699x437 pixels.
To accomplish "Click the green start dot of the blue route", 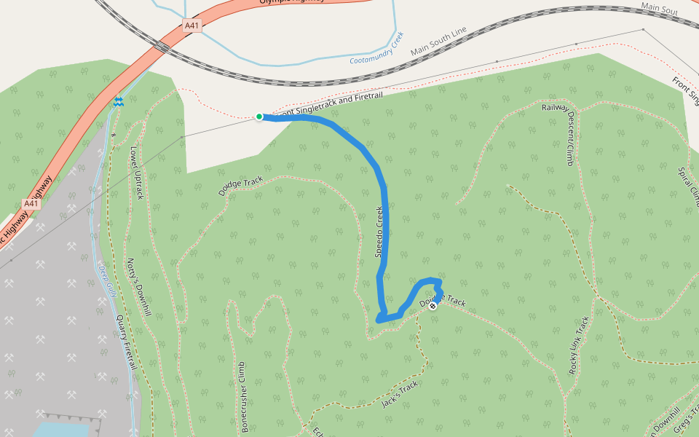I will (x=259, y=117).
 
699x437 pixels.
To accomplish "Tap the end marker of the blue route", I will (x=433, y=306).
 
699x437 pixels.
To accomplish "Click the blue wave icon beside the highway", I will (x=119, y=102).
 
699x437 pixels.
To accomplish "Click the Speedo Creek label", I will (x=379, y=232).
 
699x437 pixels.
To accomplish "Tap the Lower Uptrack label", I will (x=136, y=173).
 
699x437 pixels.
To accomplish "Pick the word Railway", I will (x=555, y=107).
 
